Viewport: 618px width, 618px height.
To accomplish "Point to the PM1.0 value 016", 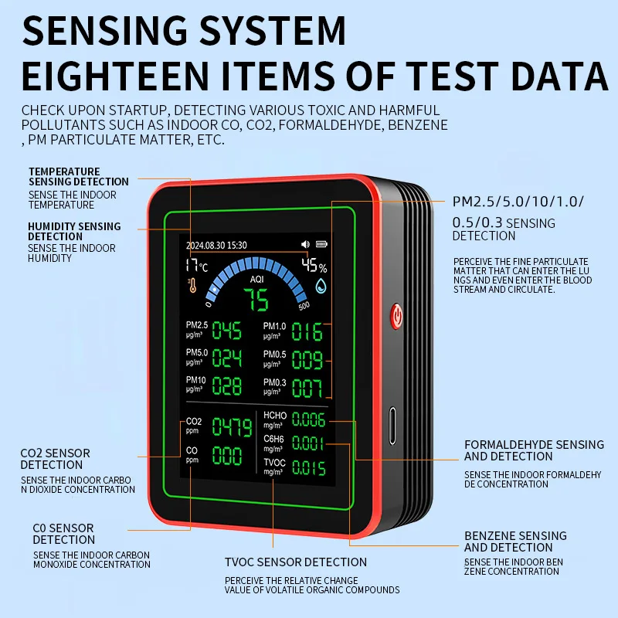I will point(307,332).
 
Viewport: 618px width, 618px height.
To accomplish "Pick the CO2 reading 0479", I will point(232,427).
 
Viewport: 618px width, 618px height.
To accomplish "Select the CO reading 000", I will point(227,456).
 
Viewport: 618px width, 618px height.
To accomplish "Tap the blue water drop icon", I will point(321,287).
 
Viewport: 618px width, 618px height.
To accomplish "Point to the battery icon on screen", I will point(321,245).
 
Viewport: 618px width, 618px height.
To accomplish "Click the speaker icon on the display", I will point(306,245).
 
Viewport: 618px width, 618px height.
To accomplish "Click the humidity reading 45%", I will point(314,267).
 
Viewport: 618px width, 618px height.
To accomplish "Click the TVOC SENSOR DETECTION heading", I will point(296,562).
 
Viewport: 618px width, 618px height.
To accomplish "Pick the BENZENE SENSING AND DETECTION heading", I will point(515,542).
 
